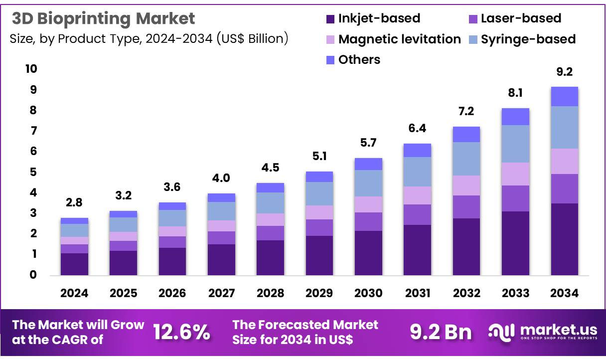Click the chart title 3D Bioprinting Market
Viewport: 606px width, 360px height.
[x=103, y=18]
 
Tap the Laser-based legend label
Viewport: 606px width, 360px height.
[x=521, y=18]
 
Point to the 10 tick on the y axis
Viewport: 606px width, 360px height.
[x=31, y=69]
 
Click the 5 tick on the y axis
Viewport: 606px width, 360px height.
[x=33, y=172]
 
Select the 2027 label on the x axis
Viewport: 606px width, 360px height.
[x=221, y=293]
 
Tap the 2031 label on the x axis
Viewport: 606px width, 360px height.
[x=417, y=293]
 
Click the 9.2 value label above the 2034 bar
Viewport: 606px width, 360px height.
[x=564, y=72]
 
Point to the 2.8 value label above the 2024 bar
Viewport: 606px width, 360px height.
[x=74, y=203]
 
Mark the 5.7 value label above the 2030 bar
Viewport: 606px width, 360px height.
[x=368, y=143]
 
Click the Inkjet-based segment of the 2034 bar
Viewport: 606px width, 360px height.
[x=564, y=239]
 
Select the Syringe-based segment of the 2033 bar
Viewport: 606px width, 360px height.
[x=515, y=144]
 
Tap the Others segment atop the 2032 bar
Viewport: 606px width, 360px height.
[x=466, y=134]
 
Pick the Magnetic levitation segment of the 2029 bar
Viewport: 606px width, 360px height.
[x=319, y=212]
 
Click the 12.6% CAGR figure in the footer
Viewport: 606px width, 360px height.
[x=181, y=332]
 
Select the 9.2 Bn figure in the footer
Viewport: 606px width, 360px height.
[x=441, y=332]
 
